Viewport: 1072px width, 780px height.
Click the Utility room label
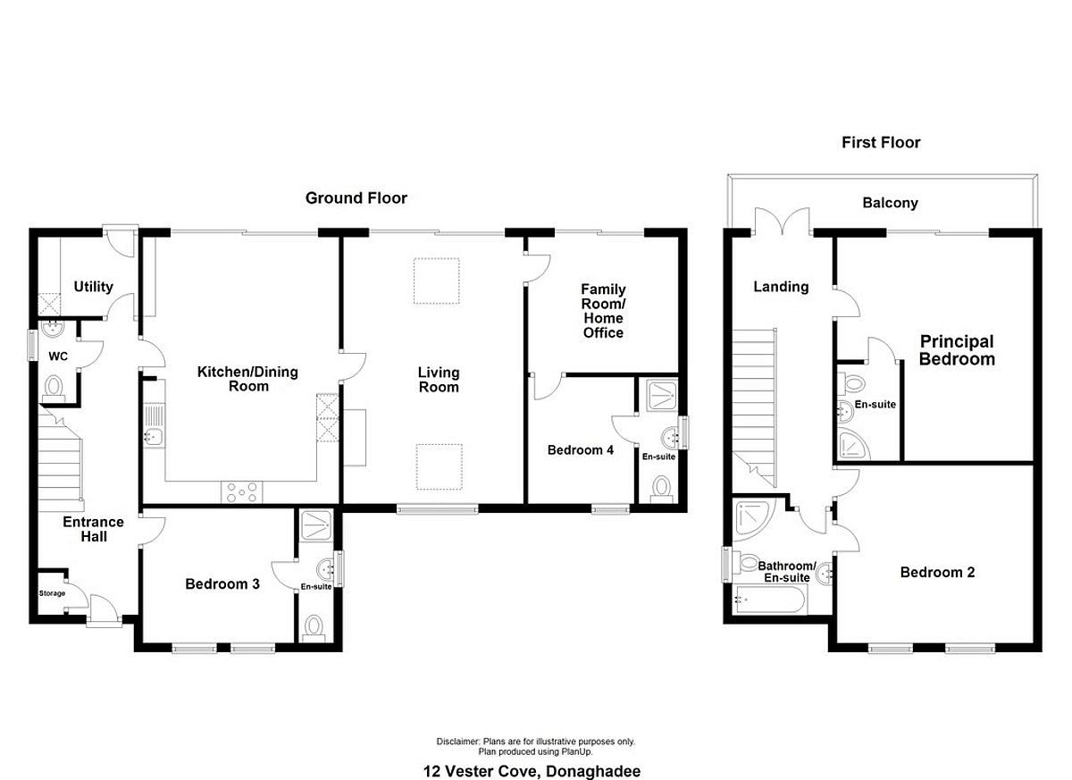[x=93, y=287]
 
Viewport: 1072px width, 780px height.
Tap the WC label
[x=58, y=356]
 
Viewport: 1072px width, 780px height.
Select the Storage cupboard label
[x=52, y=593]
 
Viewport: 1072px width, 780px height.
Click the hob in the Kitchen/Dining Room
[x=242, y=492]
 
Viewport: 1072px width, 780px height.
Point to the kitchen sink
[x=154, y=426]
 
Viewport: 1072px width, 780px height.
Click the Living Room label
[x=439, y=380]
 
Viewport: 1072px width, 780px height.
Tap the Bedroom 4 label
[x=580, y=449]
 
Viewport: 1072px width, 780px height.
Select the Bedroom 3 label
[x=222, y=583]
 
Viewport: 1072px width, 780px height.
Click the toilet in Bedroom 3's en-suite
[x=313, y=628]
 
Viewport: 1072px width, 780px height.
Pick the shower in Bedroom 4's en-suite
[x=661, y=395]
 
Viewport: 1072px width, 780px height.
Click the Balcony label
[x=890, y=203]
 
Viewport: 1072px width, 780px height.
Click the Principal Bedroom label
[x=957, y=350]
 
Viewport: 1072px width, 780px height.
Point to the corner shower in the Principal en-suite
[x=854, y=445]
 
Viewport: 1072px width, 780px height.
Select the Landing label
[x=781, y=287]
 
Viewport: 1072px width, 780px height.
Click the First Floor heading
[x=881, y=142]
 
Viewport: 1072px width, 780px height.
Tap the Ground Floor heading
[x=356, y=198]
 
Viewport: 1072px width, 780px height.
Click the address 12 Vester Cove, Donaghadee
[x=532, y=771]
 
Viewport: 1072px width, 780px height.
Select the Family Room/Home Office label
[x=603, y=311]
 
